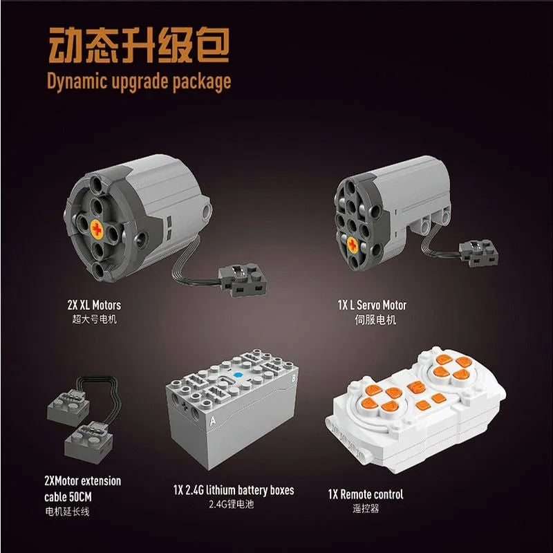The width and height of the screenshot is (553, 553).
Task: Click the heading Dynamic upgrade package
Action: (x=138, y=82)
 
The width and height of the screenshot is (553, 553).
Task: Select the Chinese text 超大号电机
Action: (x=91, y=320)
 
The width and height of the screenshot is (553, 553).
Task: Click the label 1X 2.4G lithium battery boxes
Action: (x=234, y=490)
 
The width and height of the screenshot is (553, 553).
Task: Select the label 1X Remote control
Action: (x=366, y=494)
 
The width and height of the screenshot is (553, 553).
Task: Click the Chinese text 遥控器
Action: (x=366, y=509)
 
